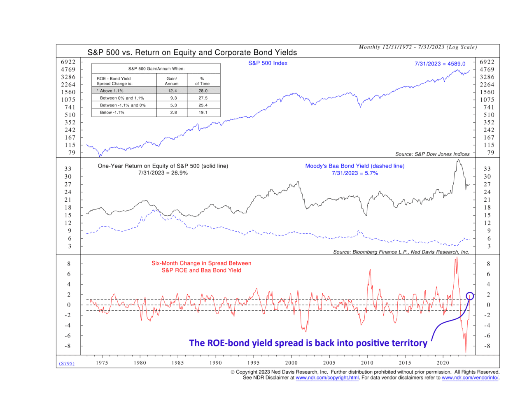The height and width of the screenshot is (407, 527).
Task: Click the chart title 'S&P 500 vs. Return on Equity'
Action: [x=192, y=53]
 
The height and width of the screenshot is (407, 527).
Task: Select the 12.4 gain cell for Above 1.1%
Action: [x=172, y=91]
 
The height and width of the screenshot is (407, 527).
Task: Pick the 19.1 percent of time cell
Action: [x=203, y=112]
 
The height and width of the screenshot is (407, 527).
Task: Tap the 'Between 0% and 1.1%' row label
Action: [x=122, y=98]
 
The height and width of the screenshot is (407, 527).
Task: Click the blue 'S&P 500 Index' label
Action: [x=268, y=63]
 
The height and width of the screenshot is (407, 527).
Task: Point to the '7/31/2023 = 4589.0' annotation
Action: [x=440, y=64]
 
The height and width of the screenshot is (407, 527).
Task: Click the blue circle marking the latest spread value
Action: [x=470, y=295]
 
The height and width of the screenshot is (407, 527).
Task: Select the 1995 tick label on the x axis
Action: [x=253, y=363]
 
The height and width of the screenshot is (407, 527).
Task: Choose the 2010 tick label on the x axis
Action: [x=367, y=363]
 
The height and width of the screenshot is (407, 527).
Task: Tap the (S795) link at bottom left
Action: [x=67, y=363]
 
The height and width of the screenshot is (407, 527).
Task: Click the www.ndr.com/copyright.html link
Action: [x=327, y=378]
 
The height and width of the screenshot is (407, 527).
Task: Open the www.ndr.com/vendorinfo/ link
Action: [x=470, y=378]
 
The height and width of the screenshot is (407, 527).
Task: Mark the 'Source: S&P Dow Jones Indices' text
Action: [x=432, y=154]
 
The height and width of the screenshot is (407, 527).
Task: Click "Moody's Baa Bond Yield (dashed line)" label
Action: [x=354, y=166]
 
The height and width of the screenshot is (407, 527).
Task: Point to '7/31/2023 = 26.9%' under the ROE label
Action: [x=163, y=173]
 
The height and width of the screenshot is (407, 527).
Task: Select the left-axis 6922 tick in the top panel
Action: [x=68, y=62]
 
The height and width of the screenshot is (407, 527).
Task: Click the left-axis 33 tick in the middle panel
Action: [x=68, y=169]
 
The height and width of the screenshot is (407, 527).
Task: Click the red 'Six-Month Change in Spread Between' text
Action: [x=201, y=263]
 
